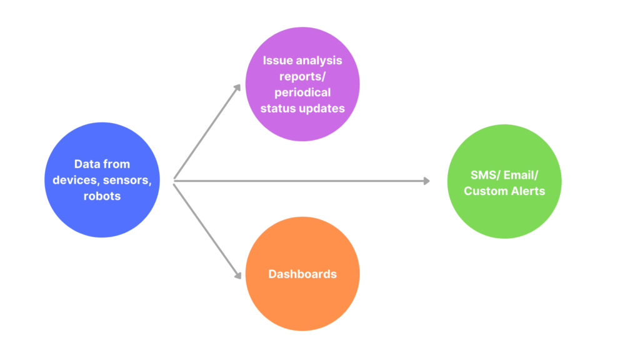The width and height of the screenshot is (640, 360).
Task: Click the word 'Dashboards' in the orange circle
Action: [302, 274]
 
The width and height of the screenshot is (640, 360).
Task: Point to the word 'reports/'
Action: [302, 76]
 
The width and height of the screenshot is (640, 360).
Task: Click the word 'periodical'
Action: [302, 92]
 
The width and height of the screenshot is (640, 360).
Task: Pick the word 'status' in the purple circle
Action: [279, 108]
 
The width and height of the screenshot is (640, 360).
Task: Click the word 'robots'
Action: [102, 196]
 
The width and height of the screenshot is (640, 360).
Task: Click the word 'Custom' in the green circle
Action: [485, 191]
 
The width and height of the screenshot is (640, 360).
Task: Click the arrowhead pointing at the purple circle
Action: [237, 88]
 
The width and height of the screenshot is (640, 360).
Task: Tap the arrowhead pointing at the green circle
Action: [427, 181]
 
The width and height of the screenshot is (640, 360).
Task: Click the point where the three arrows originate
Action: [174, 181]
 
